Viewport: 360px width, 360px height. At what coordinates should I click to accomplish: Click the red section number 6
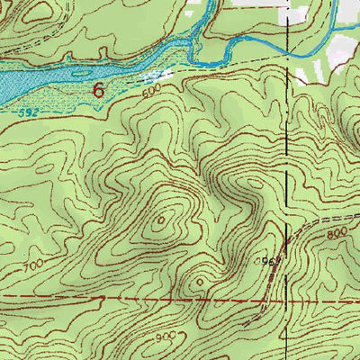click(x=98, y=90)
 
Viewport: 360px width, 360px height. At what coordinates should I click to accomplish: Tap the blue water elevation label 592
click(x=30, y=112)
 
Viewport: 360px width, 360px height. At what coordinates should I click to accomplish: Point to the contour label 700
click(x=35, y=267)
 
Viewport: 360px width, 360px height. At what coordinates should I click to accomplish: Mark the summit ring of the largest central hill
click(x=163, y=219)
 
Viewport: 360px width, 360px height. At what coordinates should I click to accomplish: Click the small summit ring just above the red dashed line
click(x=200, y=281)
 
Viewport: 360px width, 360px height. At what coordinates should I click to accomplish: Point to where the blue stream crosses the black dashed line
click(x=288, y=52)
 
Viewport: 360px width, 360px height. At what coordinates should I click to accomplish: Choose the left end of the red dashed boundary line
click(x=3, y=295)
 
